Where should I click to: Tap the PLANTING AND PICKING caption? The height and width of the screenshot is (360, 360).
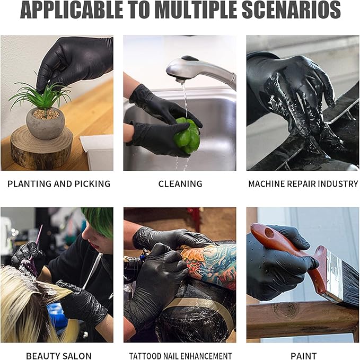tap(58, 184)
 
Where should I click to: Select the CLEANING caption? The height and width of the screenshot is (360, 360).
tap(180, 184)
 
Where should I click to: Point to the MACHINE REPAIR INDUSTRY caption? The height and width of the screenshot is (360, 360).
tap(303, 184)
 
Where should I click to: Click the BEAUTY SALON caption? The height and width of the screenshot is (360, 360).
tap(58, 356)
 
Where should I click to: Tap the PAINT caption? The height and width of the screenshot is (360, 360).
tap(304, 356)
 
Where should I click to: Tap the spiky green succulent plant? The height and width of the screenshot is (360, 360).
tap(40, 95)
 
